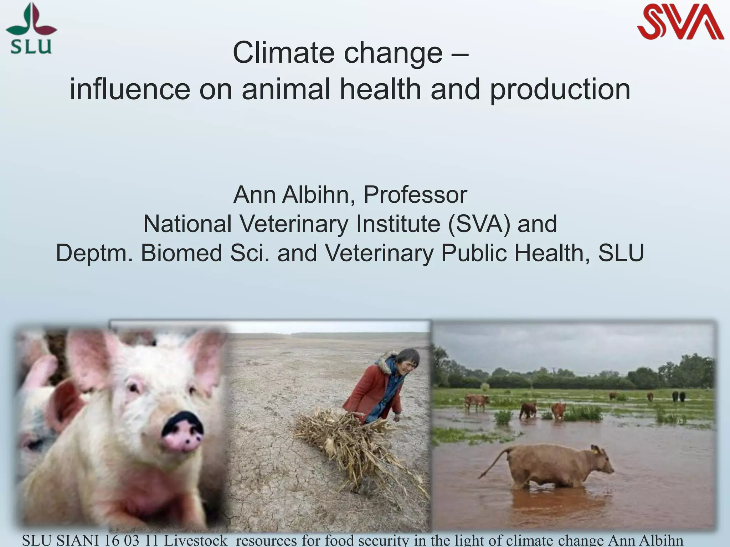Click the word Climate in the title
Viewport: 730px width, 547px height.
point(284,53)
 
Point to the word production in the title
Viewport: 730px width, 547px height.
point(560,90)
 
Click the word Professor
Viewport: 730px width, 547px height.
point(415,195)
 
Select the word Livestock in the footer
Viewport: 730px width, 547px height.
point(195,541)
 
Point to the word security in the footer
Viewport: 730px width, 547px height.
point(384,541)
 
